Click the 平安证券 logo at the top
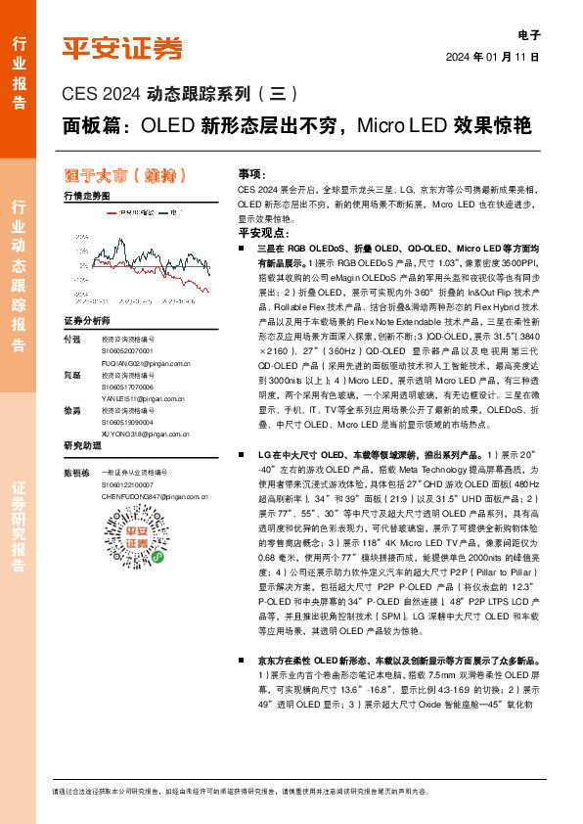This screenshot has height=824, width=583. tap(122, 48)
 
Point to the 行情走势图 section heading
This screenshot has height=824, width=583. tap(87, 197)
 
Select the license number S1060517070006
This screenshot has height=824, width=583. tap(129, 387)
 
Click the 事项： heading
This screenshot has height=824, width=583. tap(251, 171)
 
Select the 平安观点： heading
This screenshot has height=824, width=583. tap(258, 234)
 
